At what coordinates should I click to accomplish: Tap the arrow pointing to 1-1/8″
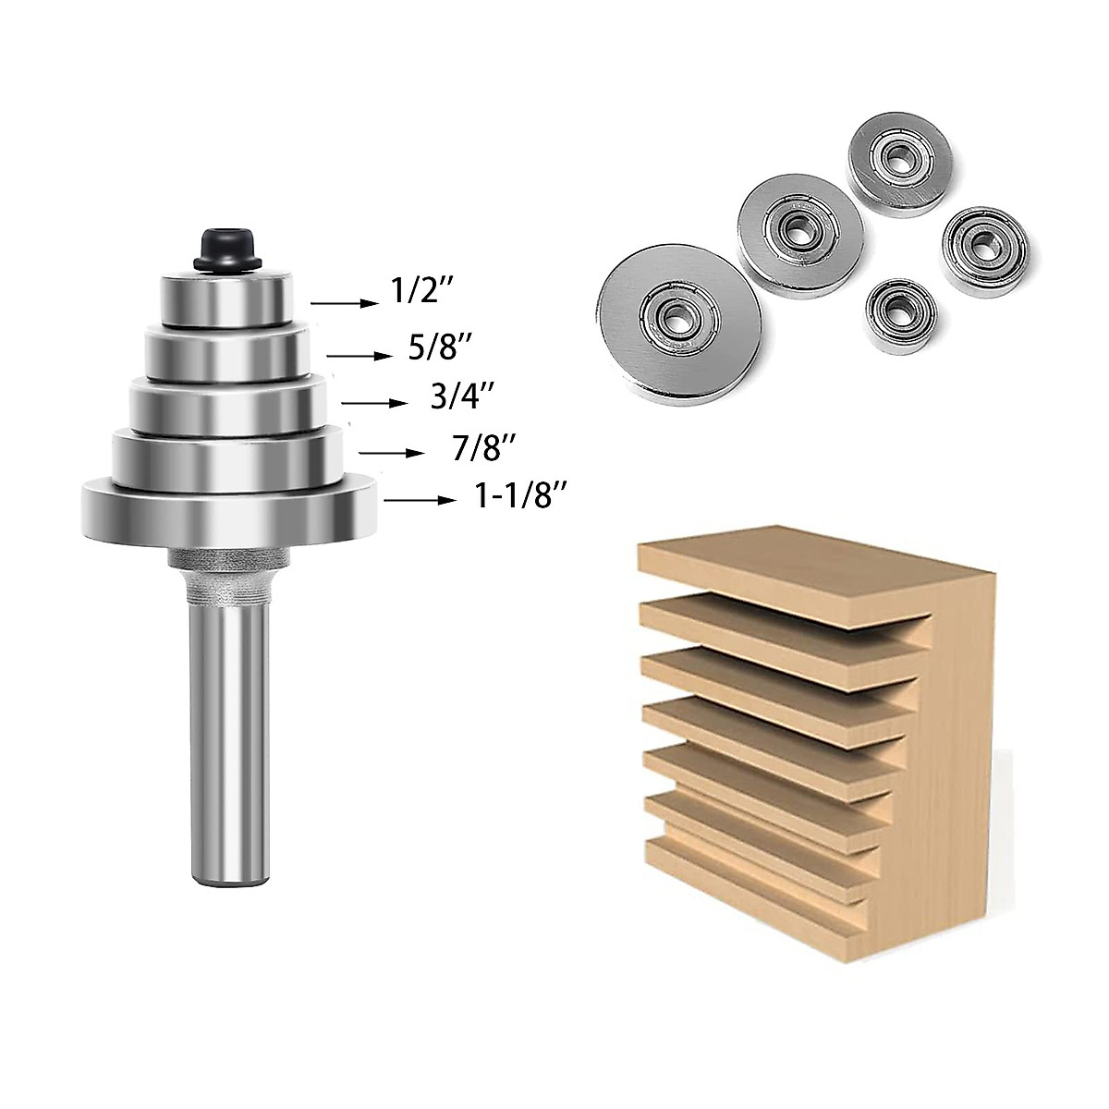[420, 500]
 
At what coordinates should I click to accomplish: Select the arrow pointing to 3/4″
[374, 403]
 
